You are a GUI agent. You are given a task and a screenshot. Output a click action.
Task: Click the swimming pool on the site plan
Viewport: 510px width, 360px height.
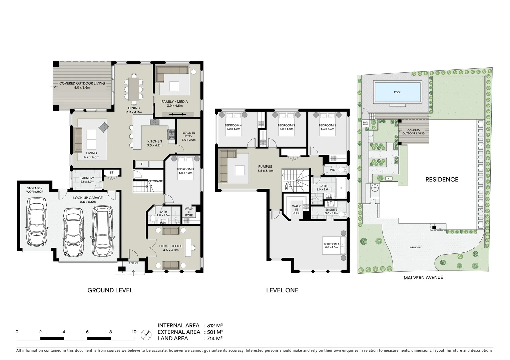coord(397,92)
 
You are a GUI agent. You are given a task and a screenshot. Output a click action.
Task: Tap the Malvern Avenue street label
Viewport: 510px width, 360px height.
coord(423,277)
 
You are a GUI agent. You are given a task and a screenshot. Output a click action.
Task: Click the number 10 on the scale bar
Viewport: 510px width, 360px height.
coord(134,332)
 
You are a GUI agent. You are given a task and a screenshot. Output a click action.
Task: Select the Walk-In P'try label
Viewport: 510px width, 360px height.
coord(188,136)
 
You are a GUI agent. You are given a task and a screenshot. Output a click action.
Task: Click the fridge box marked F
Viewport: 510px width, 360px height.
coord(142,164)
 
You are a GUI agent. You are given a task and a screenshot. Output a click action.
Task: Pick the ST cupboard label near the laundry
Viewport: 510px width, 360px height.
coord(111,173)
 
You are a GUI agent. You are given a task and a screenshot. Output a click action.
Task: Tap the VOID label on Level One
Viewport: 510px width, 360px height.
coord(286,186)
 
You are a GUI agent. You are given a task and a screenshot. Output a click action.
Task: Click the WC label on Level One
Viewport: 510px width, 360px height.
coord(332,170)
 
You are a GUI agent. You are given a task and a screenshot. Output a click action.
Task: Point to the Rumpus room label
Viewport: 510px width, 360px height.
coord(265,169)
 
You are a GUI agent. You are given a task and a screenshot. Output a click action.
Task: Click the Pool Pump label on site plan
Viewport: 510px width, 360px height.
coord(365,123)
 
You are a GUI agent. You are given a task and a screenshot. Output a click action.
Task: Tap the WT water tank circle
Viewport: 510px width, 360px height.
coord(375,188)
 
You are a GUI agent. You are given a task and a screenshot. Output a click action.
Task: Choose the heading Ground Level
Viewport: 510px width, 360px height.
coord(110,290)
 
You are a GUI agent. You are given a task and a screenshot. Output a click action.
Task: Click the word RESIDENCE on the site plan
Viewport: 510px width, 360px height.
coord(442,180)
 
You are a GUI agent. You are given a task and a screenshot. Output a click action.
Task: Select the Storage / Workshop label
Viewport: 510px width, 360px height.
coord(35,190)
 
